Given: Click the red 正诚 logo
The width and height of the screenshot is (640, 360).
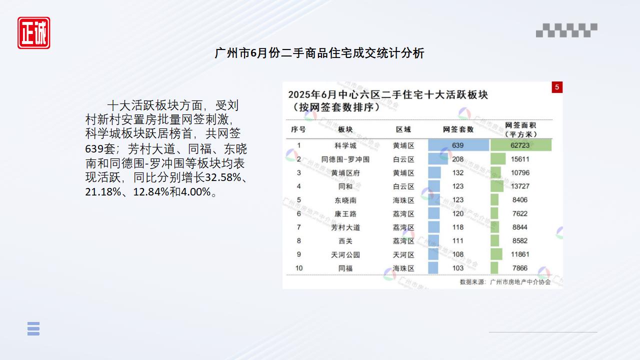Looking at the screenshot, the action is click(x=33, y=33).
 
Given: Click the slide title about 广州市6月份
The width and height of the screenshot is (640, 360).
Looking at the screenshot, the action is click(x=319, y=53).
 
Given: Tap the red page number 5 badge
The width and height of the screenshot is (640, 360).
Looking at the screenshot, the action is click(x=557, y=87).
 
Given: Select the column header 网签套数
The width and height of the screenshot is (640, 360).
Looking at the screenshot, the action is click(x=458, y=129).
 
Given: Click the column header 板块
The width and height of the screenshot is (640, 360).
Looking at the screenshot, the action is click(x=345, y=129).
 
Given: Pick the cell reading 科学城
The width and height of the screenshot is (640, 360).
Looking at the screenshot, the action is click(x=345, y=145).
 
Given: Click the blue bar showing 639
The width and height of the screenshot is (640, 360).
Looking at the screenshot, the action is click(x=458, y=145).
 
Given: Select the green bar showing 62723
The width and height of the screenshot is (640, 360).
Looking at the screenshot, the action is click(x=521, y=145).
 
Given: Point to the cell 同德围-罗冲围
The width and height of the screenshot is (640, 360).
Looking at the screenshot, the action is click(x=345, y=159).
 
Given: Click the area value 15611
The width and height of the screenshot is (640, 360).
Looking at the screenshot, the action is click(x=520, y=159).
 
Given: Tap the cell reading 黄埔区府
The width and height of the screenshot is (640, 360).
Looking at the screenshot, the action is click(x=345, y=173).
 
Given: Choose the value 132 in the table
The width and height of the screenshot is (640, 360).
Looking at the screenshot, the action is click(x=457, y=173).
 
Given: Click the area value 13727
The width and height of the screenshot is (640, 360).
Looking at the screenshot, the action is click(x=520, y=186).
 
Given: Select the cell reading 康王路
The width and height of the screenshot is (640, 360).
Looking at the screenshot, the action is click(x=345, y=213).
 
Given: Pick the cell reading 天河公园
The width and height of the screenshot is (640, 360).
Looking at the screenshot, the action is click(x=345, y=254).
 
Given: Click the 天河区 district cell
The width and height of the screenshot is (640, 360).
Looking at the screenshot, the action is click(x=403, y=254).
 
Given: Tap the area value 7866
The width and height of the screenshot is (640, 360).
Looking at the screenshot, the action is click(x=520, y=268).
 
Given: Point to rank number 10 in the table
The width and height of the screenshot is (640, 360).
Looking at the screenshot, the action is click(x=299, y=268).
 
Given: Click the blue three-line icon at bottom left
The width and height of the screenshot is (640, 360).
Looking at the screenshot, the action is click(x=33, y=328).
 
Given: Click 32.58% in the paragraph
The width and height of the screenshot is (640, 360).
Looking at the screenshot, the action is click(x=223, y=177).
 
